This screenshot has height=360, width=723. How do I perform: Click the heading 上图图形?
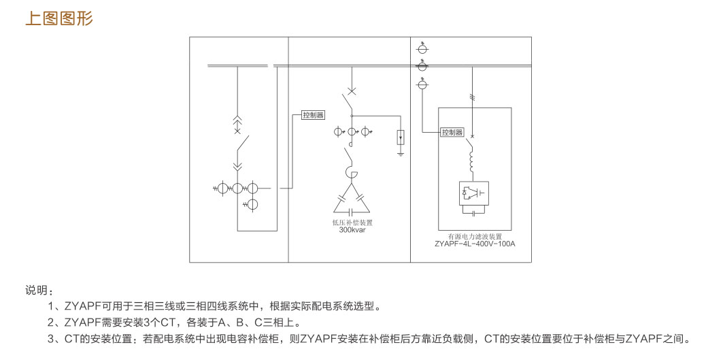click(x=58, y=18)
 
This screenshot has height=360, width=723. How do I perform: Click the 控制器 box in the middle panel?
click(x=313, y=115)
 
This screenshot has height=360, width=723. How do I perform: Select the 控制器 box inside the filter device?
click(x=452, y=132)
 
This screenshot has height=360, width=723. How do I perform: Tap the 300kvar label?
click(x=352, y=230)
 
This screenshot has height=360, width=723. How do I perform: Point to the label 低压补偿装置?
click(x=352, y=223)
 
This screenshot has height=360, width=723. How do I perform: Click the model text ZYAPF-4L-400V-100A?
click(x=475, y=243)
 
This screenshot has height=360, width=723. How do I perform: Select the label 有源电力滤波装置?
click(x=475, y=235)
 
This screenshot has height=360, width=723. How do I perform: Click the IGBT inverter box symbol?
click(x=474, y=193)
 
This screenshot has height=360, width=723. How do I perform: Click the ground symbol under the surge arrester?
click(x=401, y=154)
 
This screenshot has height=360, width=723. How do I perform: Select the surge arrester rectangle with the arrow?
click(x=401, y=137)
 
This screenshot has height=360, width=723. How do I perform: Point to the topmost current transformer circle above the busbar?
click(x=422, y=50)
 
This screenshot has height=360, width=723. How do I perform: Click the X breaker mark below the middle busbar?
click(x=352, y=91)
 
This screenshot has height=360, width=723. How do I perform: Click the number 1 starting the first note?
click(x=52, y=306)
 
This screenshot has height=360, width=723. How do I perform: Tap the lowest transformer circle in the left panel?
click(x=252, y=204)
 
